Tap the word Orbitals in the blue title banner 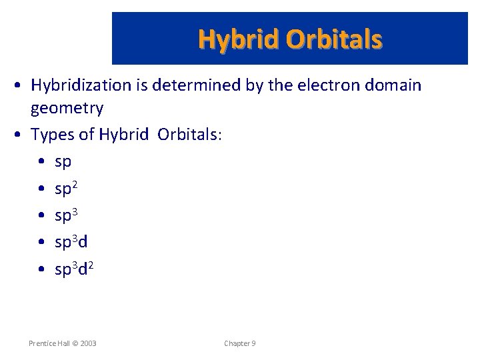pos(334,39)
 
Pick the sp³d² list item pos(73,269)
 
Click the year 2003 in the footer pos(87,343)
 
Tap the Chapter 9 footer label pos(239,343)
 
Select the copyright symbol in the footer pos(74,343)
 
